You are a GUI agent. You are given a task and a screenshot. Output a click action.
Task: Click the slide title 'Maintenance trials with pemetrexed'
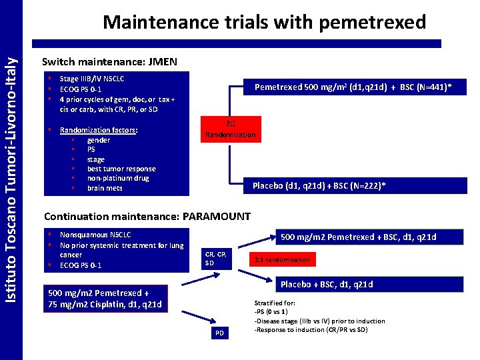click(264, 21)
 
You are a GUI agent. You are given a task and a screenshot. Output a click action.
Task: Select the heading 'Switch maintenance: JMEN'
click(109, 62)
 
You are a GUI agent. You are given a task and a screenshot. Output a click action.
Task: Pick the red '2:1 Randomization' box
click(230, 129)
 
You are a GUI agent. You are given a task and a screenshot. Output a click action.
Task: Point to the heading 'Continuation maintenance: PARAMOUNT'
click(147, 216)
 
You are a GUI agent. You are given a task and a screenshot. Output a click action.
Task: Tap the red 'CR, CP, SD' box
click(217, 259)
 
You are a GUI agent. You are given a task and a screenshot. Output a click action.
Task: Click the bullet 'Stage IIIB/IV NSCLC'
click(92, 79)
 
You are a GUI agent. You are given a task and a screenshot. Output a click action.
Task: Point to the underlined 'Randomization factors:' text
click(98, 131)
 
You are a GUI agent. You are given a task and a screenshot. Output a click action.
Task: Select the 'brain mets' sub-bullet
click(105, 188)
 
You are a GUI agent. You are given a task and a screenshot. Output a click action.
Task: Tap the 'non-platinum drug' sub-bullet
click(118, 178)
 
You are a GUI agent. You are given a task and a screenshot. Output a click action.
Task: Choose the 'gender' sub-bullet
click(99, 140)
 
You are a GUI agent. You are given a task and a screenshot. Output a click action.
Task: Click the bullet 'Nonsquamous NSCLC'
click(95, 235)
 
